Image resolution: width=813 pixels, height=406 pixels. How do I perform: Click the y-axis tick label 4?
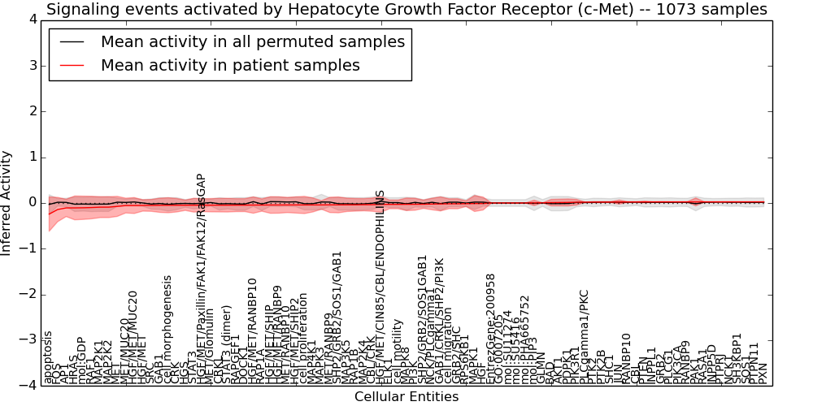[30, 19]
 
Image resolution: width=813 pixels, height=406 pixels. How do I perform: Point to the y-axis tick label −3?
[27, 339]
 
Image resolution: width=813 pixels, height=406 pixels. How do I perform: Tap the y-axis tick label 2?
[30, 110]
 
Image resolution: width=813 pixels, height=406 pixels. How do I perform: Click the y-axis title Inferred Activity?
[7, 202]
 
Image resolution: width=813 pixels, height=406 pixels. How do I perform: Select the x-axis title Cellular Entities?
[406, 397]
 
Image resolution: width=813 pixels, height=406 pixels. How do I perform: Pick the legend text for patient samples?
[230, 66]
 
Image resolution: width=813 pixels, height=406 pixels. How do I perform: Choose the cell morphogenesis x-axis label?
[168, 329]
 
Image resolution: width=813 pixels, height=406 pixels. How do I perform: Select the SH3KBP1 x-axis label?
[737, 358]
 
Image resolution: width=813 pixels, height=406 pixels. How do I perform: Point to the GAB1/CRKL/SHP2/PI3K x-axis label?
[440, 321]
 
